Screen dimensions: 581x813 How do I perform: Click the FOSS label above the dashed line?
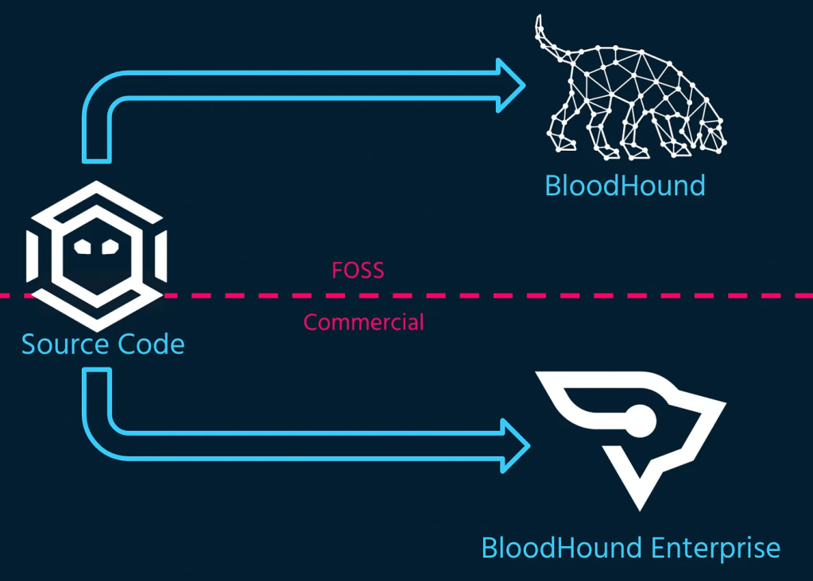pos(358,271)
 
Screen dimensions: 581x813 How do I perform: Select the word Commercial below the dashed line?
pos(364,322)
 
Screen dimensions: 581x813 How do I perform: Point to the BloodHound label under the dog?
pos(625,186)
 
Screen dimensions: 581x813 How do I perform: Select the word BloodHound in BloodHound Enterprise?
pos(562,548)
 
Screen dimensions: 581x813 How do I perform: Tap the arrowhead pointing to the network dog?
pos(511,85)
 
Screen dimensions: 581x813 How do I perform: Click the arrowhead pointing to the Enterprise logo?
pos(515,446)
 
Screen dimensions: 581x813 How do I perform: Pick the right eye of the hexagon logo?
pos(109,246)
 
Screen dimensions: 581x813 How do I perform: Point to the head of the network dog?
pos(711,131)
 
